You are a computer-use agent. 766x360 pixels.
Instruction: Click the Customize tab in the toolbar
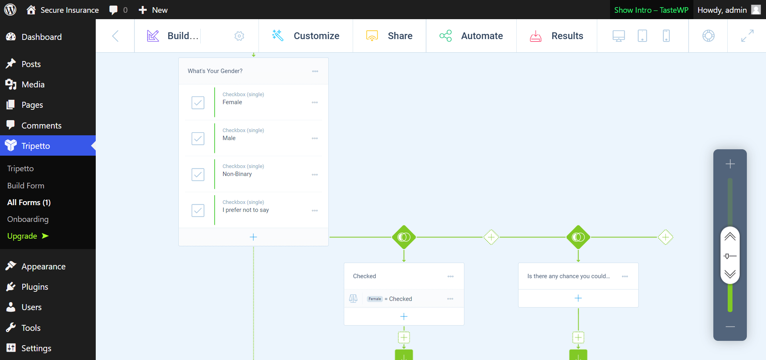tap(306, 36)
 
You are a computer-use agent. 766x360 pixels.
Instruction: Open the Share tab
tap(389, 36)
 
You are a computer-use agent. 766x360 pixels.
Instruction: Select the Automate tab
tap(471, 36)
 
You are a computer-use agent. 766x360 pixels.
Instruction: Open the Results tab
tap(557, 36)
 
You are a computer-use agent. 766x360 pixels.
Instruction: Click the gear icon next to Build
tap(239, 36)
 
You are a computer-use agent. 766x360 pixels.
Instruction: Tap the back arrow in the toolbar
tap(115, 36)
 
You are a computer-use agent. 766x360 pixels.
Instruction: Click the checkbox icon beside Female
tap(198, 103)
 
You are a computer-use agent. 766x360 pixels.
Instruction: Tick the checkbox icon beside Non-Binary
tap(198, 174)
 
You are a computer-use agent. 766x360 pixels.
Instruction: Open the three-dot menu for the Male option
tap(315, 138)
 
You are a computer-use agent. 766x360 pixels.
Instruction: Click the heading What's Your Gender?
tap(215, 71)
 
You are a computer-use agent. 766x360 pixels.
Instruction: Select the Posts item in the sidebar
tap(31, 64)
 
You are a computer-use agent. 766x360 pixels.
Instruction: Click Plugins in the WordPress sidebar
tap(35, 287)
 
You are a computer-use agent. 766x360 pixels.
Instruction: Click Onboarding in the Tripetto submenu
tap(28, 219)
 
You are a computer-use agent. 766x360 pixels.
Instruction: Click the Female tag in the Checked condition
tap(375, 299)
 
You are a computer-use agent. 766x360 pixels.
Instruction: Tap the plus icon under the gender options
tap(253, 237)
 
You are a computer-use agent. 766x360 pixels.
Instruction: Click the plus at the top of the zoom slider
tap(730, 164)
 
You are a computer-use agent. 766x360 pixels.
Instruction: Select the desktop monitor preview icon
tap(619, 36)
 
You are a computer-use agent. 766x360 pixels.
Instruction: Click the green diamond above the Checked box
tap(404, 237)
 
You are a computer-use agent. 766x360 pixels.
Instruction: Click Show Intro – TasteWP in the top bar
tap(651, 10)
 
